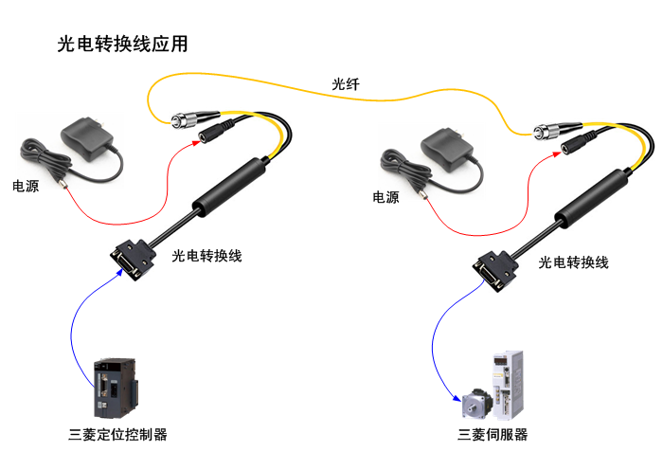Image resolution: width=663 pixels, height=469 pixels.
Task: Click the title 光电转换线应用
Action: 123,45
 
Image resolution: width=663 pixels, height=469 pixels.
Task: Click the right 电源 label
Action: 385,197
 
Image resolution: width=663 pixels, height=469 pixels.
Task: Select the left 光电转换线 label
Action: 206,256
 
